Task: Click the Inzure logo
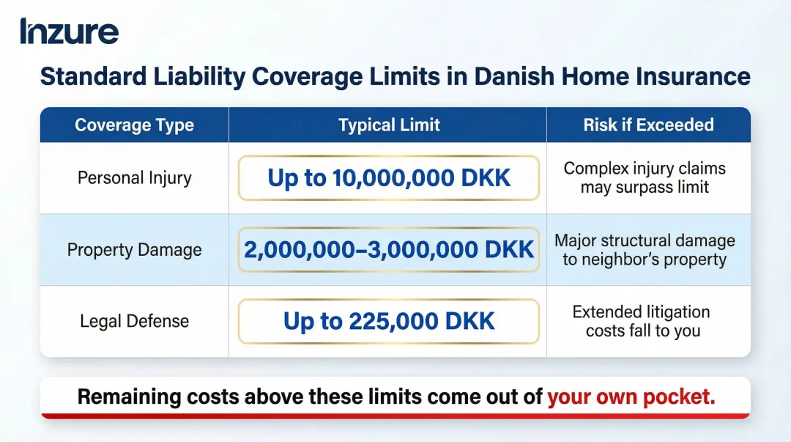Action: [x=70, y=32]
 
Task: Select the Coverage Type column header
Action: [x=134, y=125]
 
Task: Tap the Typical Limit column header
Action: [x=389, y=125]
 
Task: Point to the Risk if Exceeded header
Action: [x=648, y=125]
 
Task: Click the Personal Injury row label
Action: [x=134, y=178]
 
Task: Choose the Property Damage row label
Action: [x=134, y=250]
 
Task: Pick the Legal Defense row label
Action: [x=134, y=321]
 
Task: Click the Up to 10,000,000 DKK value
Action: [x=389, y=178]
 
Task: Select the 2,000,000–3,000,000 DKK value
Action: [x=389, y=250]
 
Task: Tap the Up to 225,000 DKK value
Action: [x=389, y=321]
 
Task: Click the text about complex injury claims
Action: [x=645, y=177]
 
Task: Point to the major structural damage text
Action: [x=645, y=250]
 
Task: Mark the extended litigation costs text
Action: [x=642, y=321]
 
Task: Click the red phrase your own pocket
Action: [x=631, y=397]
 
